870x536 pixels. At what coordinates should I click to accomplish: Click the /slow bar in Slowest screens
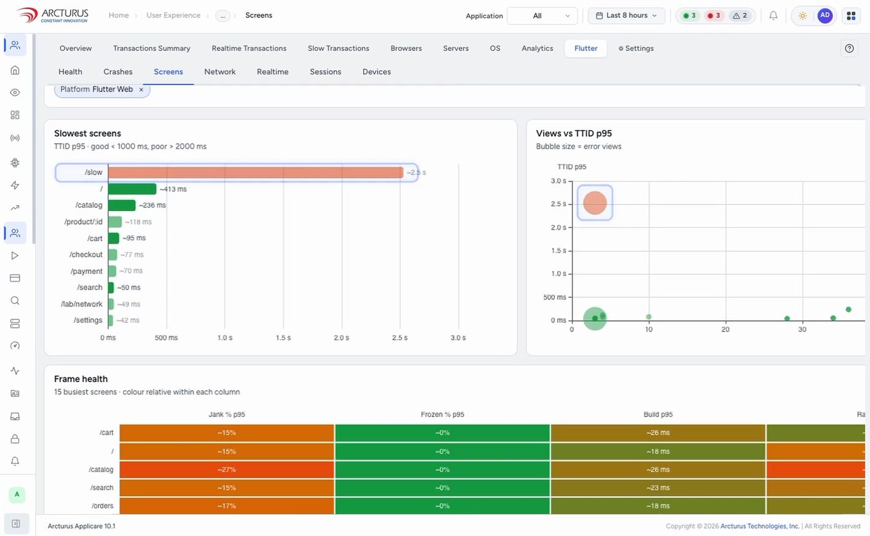256,172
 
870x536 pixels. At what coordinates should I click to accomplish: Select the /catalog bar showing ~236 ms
122,205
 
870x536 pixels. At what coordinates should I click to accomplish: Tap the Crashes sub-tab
118,72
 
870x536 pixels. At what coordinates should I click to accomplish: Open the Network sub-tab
220,72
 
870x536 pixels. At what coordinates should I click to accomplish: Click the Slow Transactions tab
338,48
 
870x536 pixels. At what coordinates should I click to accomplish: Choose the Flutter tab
586,48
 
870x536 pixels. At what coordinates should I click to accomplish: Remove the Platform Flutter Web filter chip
141,90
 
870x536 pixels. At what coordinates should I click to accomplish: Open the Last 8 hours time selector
627,15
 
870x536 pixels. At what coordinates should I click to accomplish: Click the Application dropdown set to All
542,16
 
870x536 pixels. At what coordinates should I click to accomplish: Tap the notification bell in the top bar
773,15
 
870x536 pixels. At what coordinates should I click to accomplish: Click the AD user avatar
825,15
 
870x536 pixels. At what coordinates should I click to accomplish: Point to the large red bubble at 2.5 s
595,203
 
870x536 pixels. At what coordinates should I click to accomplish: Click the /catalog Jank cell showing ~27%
226,469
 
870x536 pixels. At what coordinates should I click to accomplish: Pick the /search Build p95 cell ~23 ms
658,488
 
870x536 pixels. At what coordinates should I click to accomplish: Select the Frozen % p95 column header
442,415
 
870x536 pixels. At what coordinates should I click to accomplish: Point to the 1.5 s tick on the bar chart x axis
283,338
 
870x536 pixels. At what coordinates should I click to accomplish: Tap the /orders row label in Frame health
102,505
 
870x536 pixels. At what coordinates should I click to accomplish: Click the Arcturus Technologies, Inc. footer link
760,526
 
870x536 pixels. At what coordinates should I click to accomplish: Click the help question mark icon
849,48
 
